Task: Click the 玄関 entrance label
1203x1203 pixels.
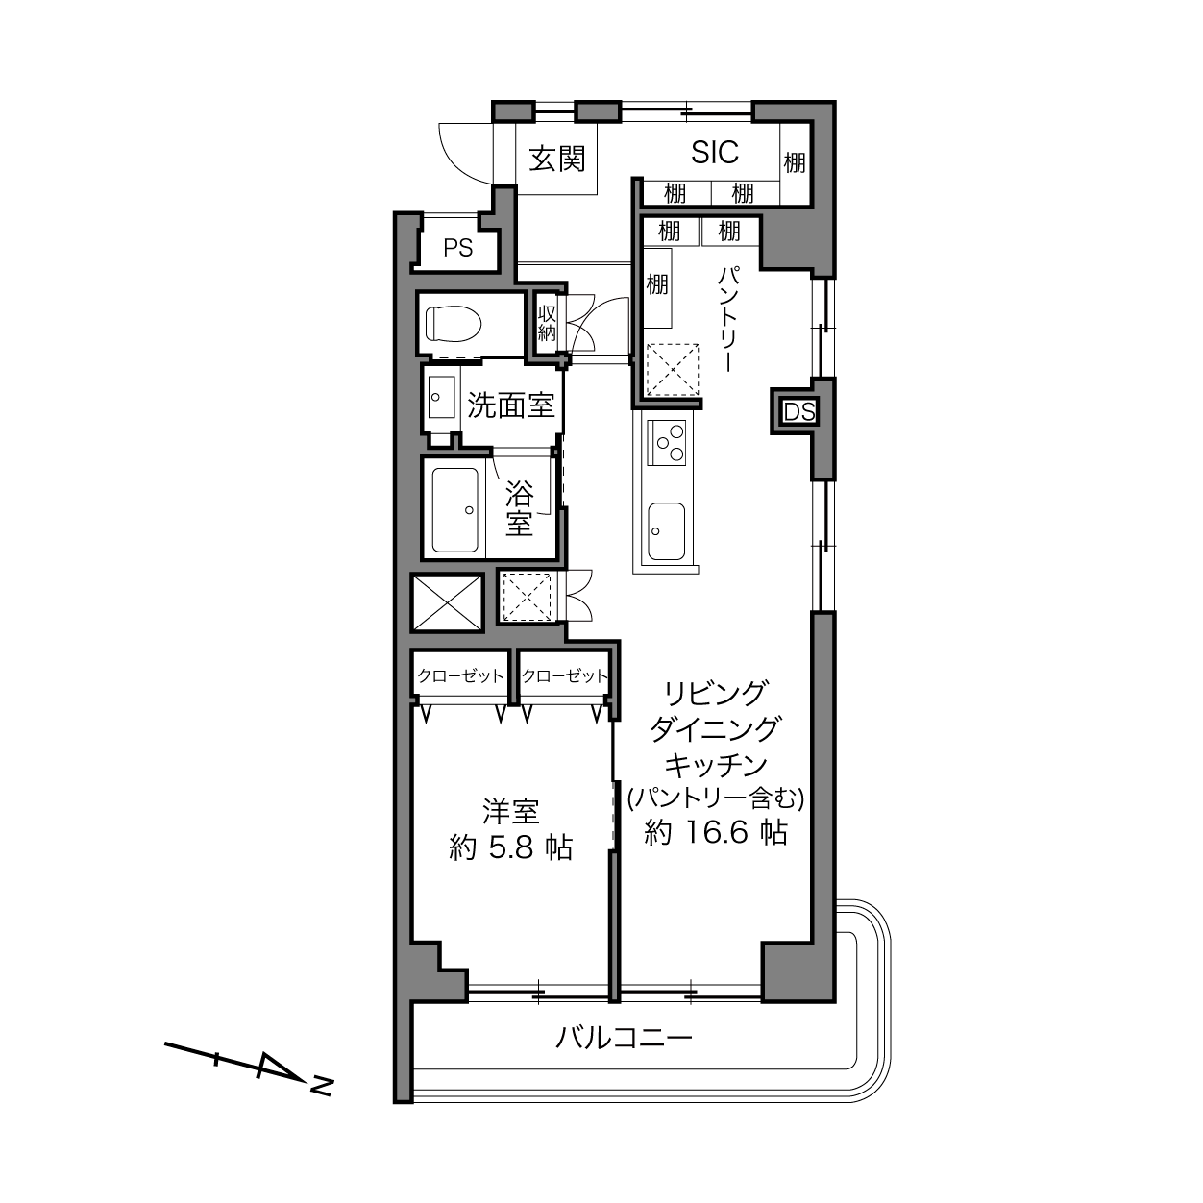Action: pyautogui.click(x=557, y=159)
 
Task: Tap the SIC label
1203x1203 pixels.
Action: pyautogui.click(x=715, y=153)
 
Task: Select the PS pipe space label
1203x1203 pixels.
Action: pyautogui.click(x=457, y=249)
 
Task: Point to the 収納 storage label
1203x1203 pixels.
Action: pyautogui.click(x=547, y=324)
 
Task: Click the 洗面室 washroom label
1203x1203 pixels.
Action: pyautogui.click(x=510, y=405)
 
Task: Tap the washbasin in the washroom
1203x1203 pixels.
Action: pyautogui.click(x=442, y=397)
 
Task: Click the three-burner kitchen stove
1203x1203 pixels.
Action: pyautogui.click(x=667, y=442)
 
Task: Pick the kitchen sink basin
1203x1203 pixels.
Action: pyautogui.click(x=666, y=530)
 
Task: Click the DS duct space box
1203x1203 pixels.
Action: pyautogui.click(x=799, y=411)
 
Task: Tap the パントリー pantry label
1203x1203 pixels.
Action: pyautogui.click(x=728, y=319)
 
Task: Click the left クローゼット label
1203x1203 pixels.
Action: pyautogui.click(x=460, y=676)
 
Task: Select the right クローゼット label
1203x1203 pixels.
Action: pyautogui.click(x=564, y=676)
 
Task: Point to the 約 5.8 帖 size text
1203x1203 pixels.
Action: pyautogui.click(x=510, y=848)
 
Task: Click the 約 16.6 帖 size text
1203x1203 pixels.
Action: pyautogui.click(x=716, y=832)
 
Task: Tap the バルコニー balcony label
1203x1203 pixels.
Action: pyautogui.click(x=624, y=1038)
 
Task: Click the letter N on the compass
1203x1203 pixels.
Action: pyautogui.click(x=322, y=1086)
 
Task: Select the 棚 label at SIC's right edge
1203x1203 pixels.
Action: pyautogui.click(x=795, y=163)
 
